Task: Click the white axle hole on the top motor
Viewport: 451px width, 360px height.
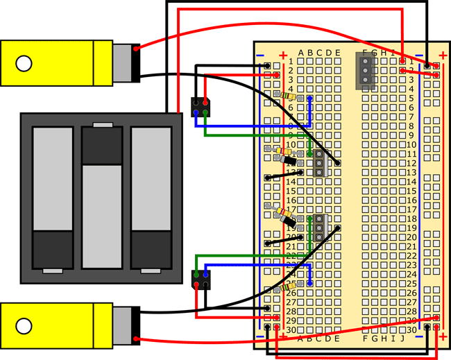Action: click(24, 64)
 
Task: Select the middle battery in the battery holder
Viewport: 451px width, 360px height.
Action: click(102, 197)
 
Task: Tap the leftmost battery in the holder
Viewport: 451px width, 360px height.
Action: click(53, 197)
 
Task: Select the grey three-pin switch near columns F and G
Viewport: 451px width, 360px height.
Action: click(365, 71)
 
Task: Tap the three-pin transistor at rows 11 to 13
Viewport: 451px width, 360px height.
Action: click(319, 162)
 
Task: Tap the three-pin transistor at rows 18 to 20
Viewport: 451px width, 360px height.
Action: click(319, 228)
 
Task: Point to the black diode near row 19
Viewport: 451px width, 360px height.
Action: click(287, 221)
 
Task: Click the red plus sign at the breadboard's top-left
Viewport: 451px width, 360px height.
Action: click(282, 54)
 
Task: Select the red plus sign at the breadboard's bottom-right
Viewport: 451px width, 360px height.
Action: click(443, 338)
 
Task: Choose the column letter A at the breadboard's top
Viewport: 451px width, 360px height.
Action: click(301, 53)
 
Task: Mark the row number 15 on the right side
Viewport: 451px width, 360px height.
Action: click(411, 190)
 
